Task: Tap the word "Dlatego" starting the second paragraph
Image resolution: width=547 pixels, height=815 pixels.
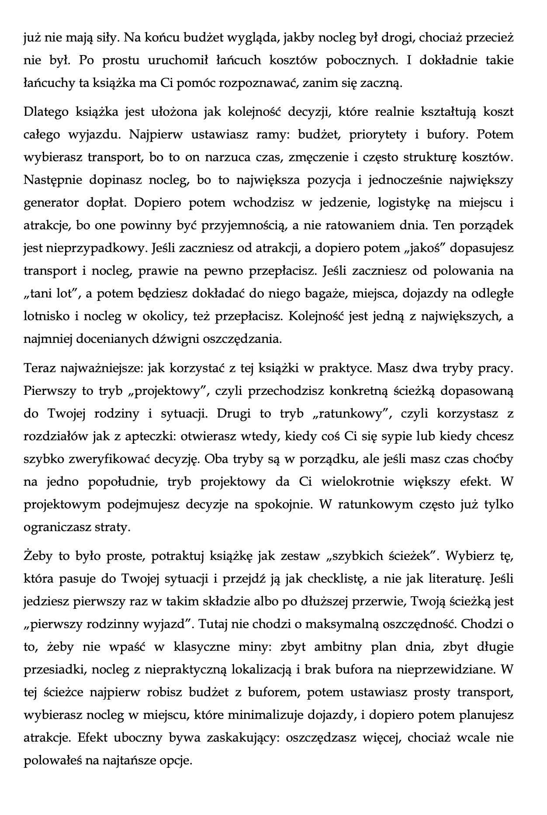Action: coord(45,112)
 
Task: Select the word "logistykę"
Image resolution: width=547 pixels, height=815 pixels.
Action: coord(399,203)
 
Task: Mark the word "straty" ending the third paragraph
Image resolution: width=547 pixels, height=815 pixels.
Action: coord(115,527)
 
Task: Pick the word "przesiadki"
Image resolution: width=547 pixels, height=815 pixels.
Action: coord(49,670)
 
